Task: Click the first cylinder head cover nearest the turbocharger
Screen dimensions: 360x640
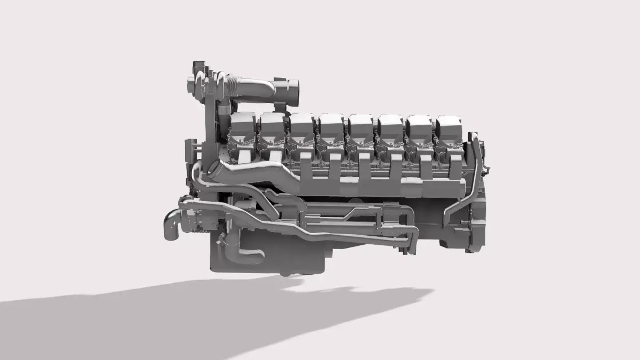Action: click(242, 126)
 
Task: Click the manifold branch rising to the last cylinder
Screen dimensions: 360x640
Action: click(456, 165)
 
